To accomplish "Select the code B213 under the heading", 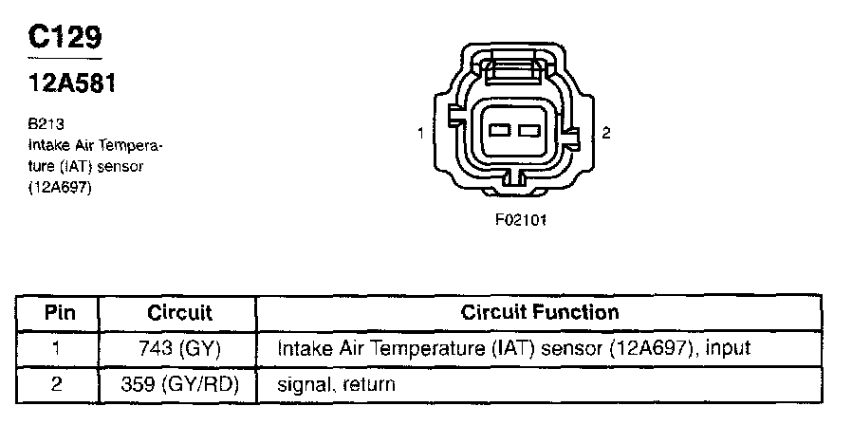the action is (x=43, y=123).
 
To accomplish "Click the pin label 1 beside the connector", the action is (x=420, y=133).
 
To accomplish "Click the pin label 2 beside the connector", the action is (x=606, y=133).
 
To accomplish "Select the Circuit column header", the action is (x=179, y=312).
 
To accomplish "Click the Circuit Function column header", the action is (x=539, y=311).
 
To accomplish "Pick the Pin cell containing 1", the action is (x=58, y=348).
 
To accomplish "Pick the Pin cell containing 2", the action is (x=58, y=384).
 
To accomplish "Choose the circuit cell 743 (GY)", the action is (x=179, y=348).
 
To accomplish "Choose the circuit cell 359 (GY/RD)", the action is (x=179, y=384).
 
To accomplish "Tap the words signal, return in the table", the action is (x=336, y=385).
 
